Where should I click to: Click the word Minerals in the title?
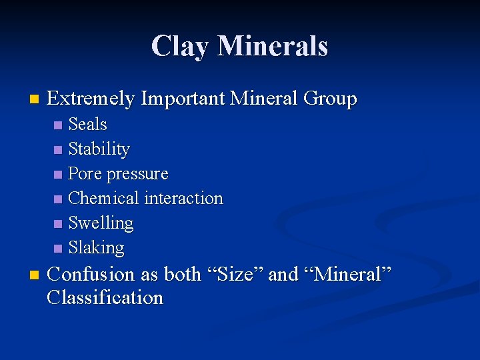point(273,47)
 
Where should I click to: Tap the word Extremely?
point(91,99)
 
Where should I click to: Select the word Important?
point(182,99)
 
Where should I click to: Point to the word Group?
point(330,99)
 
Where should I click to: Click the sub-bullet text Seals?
point(88,125)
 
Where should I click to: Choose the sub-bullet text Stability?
point(99,149)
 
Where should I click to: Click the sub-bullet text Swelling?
point(101,223)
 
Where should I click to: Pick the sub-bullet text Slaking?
point(97,248)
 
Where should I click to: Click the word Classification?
point(105,298)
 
